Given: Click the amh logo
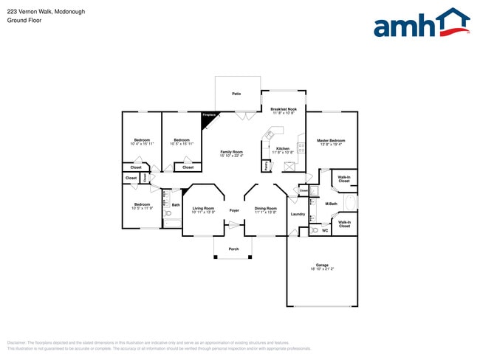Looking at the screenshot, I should pos(421,24).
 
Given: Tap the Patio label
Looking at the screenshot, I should pos(236,94).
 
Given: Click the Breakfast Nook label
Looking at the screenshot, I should pos(284,109).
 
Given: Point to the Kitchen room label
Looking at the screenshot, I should pos(283,148).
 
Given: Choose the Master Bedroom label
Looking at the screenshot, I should pos(331,140).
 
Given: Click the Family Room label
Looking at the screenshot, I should pos(231,152).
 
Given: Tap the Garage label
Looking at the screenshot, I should pos(322,265).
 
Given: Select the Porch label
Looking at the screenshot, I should pos(233,249).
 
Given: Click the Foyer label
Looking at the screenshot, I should pos(234,210).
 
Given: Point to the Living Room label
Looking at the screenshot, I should pos(203,208).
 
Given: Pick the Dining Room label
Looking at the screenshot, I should pos(265,208).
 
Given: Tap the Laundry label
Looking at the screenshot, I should pos(298,214).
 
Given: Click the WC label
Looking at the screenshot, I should pos(324,231).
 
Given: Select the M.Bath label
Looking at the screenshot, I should pos(331,204).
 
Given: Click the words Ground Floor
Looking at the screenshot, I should pos(24,21).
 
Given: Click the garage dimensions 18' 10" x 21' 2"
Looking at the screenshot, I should pos(322,269).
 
